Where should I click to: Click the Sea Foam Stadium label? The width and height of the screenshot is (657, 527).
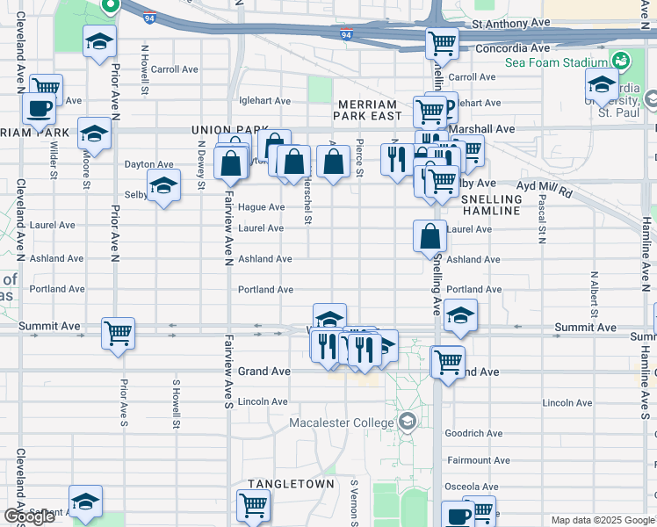point(555,62)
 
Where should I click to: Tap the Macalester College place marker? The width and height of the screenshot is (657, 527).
point(407,422)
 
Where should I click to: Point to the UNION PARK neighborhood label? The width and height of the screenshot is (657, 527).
point(230,130)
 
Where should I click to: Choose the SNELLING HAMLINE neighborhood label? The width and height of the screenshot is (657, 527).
point(491,206)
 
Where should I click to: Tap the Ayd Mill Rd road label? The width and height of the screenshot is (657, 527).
point(545,190)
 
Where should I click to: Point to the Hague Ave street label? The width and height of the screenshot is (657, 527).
point(261,207)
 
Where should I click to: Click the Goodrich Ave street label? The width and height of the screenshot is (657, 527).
point(473,433)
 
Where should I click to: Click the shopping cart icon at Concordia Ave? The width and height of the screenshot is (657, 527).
point(442,42)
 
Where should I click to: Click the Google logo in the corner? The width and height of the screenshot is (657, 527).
point(29,516)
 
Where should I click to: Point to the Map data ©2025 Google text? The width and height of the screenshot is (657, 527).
point(602,520)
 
